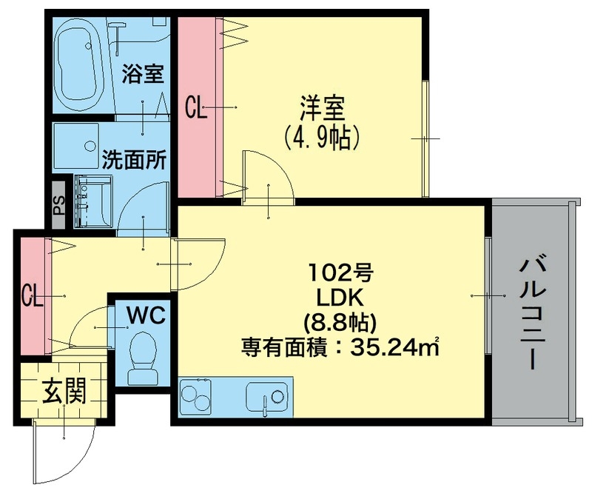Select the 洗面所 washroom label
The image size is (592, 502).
[x=134, y=159]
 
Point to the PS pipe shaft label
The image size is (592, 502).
[x=59, y=204]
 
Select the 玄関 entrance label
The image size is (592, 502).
[x=64, y=390]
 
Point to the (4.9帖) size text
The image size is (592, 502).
[x=322, y=138]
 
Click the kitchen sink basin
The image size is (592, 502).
[x=266, y=398]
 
